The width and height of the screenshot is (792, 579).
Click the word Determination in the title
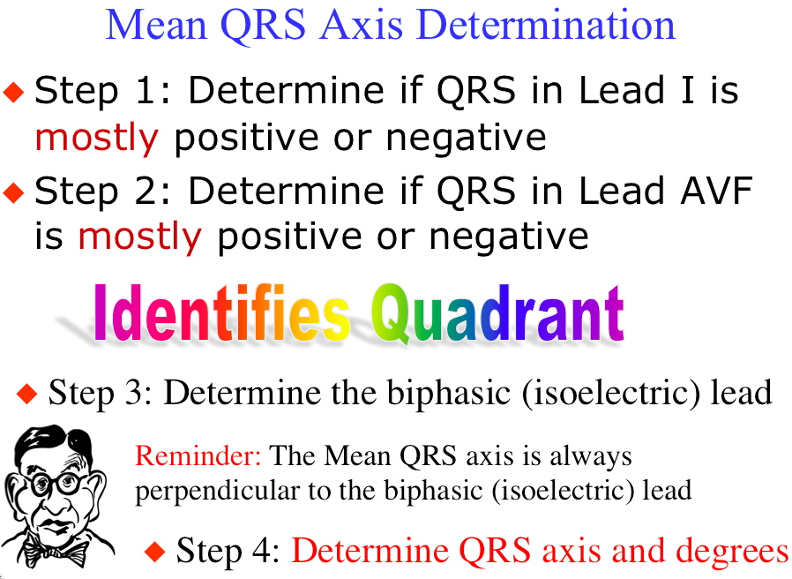click(x=547, y=25)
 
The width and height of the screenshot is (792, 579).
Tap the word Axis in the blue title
click(x=361, y=25)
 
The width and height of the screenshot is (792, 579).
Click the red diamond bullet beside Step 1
click(x=13, y=92)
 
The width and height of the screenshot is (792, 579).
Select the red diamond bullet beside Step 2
click(x=13, y=192)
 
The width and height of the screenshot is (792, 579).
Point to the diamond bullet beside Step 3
click(x=26, y=394)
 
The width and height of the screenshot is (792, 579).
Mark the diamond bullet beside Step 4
click(x=154, y=551)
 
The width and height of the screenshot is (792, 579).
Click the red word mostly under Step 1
click(x=96, y=138)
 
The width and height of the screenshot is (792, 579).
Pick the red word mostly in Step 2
click(x=140, y=237)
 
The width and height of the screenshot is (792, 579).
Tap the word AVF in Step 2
click(x=716, y=191)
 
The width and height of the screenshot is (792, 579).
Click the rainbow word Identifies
click(x=221, y=312)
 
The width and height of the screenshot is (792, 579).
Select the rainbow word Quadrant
click(x=497, y=313)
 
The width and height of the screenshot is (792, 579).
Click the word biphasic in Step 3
click(x=449, y=393)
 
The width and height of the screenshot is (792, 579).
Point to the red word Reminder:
click(x=198, y=455)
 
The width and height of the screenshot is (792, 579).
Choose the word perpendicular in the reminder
click(x=217, y=491)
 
